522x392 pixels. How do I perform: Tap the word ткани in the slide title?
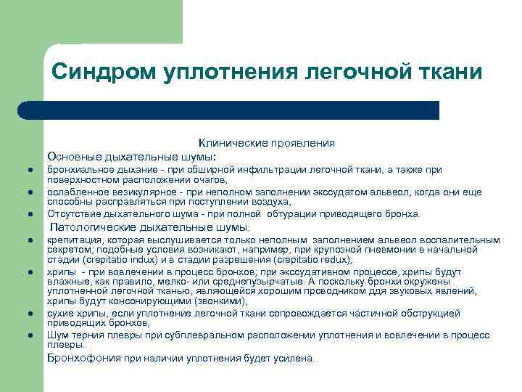click(x=452, y=73)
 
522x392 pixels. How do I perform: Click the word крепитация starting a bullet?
click(x=73, y=240)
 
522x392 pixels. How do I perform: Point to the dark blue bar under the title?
click(x=228, y=110)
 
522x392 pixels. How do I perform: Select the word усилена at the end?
click(x=297, y=358)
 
